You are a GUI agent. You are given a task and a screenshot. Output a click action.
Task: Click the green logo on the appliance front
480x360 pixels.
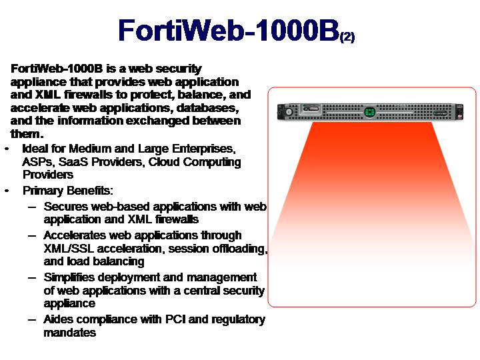tap(369, 112)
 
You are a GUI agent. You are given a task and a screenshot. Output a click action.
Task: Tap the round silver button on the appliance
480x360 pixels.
tap(288, 112)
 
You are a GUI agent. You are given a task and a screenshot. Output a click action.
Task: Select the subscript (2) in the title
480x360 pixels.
tap(347, 37)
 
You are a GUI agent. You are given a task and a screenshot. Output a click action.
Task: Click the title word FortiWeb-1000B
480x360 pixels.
tap(229, 30)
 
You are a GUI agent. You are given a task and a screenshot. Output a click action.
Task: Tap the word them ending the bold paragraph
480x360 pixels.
tap(25, 134)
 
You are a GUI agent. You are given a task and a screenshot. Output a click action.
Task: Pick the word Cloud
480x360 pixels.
tap(164, 161)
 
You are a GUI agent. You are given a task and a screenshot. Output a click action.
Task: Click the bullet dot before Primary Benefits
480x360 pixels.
tap(7, 191)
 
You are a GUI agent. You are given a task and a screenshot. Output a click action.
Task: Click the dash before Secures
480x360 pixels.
tap(32, 207)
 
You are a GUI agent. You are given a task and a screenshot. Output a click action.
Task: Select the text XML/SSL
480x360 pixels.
tap(69, 248)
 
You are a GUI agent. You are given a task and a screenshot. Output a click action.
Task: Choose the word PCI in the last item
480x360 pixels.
tap(176, 319)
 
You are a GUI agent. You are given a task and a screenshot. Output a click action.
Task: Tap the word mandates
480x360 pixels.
tap(70, 333)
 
